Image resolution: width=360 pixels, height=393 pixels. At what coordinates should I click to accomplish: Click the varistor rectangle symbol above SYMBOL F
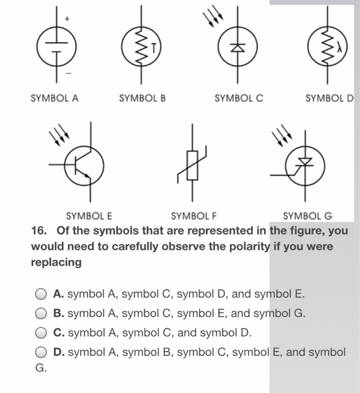(192, 164)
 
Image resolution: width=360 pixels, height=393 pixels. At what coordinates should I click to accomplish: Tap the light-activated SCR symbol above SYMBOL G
(304, 164)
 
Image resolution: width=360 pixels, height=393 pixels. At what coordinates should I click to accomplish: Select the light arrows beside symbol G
(281, 137)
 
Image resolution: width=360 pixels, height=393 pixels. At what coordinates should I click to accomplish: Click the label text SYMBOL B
(142, 98)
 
